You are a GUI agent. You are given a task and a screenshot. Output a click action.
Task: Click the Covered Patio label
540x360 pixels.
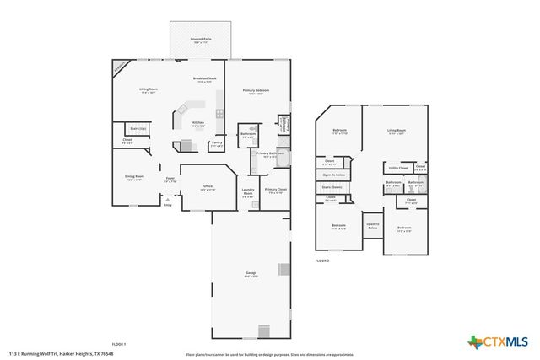click(200, 40)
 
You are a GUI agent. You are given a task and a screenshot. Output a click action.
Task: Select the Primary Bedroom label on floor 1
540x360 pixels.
click(256, 91)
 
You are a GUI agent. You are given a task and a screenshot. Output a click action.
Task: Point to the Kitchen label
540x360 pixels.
click(198, 124)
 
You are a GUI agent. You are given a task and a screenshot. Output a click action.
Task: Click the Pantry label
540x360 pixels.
click(217, 143)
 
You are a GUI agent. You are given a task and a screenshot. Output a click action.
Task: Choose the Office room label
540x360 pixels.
click(208, 188)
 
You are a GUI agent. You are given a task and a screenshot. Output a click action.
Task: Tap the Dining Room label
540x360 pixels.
click(135, 178)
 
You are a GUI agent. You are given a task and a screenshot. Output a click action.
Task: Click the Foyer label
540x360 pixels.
click(170, 179)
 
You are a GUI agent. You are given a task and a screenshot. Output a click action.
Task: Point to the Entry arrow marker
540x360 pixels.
click(167, 199)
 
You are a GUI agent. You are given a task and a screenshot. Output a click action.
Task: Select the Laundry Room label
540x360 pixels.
click(248, 193)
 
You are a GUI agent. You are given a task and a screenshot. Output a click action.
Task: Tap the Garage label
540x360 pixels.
click(251, 274)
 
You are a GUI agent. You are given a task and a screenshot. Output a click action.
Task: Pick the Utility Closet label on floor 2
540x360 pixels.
click(397, 168)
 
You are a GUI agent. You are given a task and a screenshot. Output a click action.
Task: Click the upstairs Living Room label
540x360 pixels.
click(397, 131)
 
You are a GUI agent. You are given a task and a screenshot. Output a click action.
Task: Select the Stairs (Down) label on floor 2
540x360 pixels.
click(331, 187)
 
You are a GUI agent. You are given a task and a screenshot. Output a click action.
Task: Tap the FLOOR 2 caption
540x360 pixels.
click(322, 261)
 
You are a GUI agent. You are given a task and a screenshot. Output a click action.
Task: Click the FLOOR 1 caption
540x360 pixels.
click(118, 344)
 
